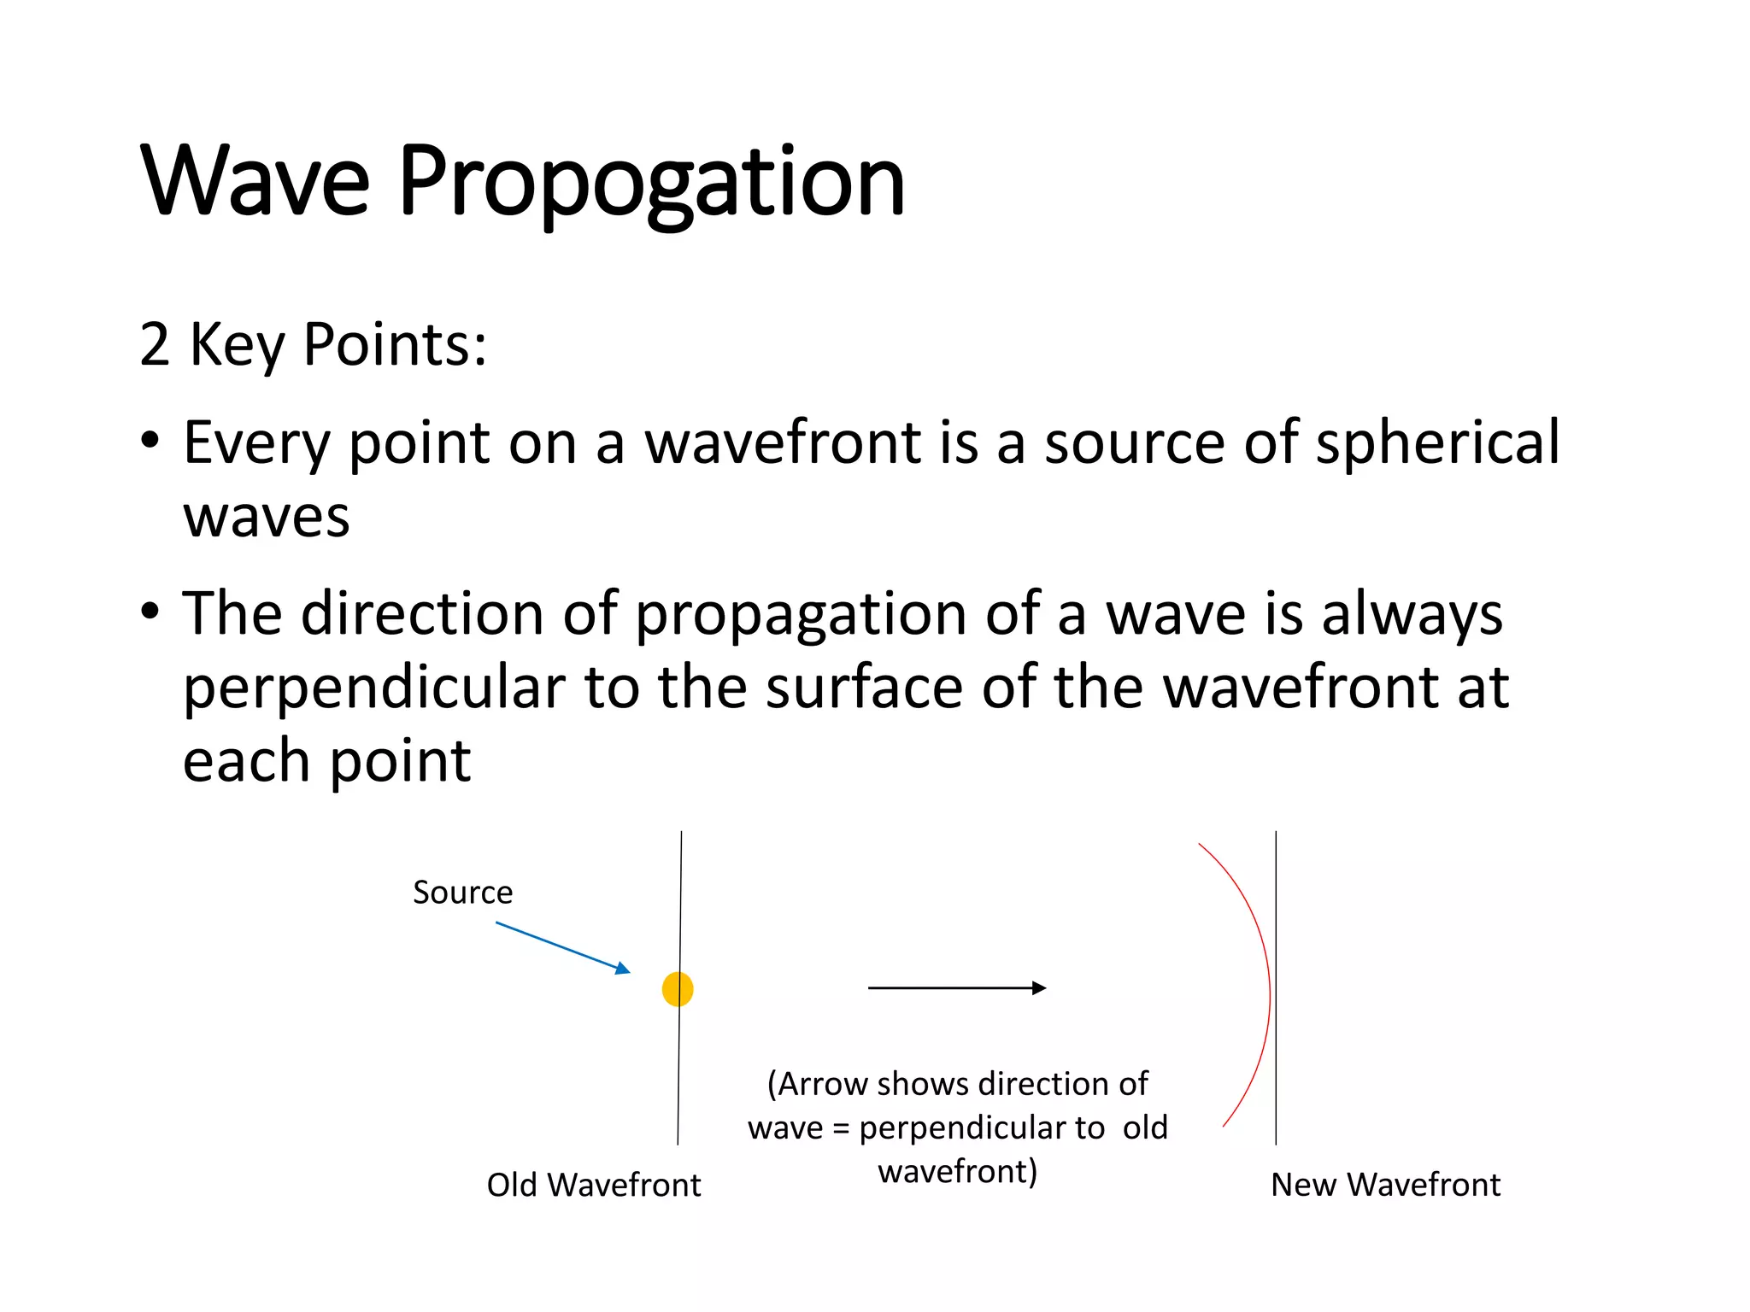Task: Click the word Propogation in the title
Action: [651, 182]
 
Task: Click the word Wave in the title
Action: [255, 182]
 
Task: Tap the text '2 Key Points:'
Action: [313, 344]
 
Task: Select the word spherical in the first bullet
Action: [1437, 443]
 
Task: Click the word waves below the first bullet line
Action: [267, 517]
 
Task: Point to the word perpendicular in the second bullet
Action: [374, 688]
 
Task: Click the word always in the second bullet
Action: [1412, 614]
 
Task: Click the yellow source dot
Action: [677, 989]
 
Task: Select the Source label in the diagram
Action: [462, 893]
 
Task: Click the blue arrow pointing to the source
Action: [562, 946]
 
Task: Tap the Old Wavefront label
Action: [593, 1185]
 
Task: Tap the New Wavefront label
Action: [1385, 1185]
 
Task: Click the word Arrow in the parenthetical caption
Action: [823, 1084]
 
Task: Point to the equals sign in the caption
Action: [841, 1129]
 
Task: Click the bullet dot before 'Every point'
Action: [150, 442]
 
